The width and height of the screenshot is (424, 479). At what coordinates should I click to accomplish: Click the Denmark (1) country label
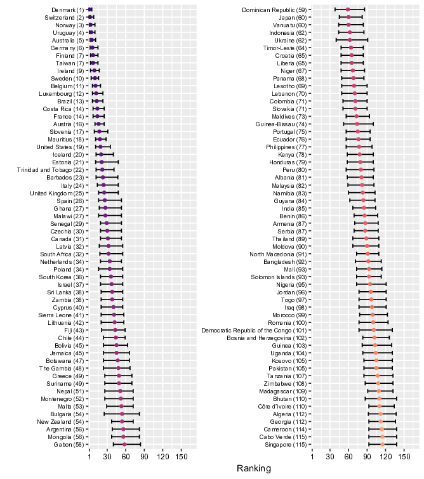coord(67,10)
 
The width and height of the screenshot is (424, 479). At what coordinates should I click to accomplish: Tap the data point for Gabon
coord(124,445)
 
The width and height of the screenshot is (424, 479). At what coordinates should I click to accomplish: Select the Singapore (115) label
coord(286,445)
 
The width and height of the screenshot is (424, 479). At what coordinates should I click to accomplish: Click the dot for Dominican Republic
coord(348,10)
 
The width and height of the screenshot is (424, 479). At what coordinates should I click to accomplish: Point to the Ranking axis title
coord(254,468)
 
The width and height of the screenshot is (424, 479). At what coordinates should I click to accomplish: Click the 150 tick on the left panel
coord(182,457)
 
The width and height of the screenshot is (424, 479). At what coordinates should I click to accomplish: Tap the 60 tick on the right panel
coord(348,457)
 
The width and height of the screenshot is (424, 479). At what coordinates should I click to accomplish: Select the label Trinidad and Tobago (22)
coord(50,170)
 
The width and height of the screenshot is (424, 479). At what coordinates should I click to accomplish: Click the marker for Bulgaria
coord(122,414)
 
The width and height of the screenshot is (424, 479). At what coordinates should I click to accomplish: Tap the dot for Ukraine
coord(350,40)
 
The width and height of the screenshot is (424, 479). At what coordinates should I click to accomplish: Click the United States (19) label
coord(60,147)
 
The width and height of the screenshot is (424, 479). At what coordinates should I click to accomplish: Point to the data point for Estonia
coord(102,162)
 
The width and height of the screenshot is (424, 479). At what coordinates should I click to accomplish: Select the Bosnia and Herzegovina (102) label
coord(267,338)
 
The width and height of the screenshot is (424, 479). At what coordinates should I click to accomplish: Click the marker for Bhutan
coord(380,398)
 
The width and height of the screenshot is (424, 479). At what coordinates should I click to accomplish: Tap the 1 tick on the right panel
coord(312,457)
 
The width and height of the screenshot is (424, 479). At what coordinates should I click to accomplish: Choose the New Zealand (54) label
coord(60,422)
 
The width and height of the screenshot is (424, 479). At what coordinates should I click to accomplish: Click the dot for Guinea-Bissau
coord(357,124)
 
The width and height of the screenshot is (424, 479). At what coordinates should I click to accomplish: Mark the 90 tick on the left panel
coord(144,457)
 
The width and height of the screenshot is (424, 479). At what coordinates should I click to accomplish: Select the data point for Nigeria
coord(370,284)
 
